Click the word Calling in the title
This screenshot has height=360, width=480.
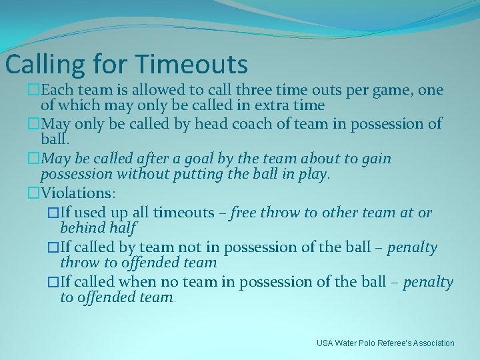[x=43, y=65]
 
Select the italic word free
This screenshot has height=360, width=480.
[x=244, y=213]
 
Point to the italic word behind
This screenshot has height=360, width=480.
[x=81, y=228]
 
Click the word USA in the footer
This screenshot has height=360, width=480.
[x=325, y=343]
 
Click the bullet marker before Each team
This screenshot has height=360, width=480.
[x=34, y=90]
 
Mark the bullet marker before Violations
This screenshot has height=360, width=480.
[x=34, y=193]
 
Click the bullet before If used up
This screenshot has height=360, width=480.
[x=53, y=213]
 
